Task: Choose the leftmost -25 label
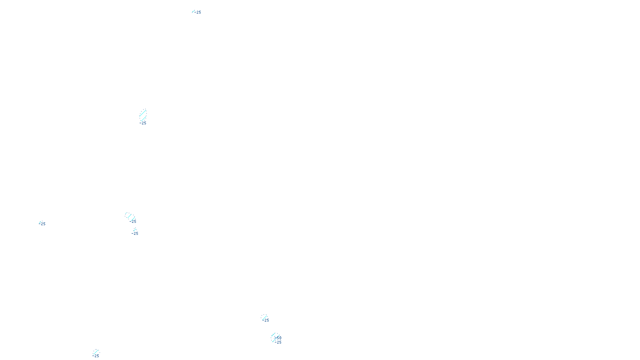[x=43, y=224]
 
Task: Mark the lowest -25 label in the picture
[x=96, y=356]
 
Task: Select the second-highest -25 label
[x=143, y=123]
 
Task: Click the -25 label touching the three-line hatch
[x=133, y=221]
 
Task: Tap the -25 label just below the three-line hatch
[x=135, y=234]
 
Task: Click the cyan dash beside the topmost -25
[x=193, y=11]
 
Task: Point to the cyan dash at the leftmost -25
[x=40, y=223]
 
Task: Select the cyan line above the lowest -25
[x=96, y=352]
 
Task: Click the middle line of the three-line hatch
[x=130, y=217]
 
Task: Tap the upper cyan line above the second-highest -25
[x=143, y=113]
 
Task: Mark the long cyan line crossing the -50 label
[x=275, y=339]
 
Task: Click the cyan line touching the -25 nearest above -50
[x=264, y=318]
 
